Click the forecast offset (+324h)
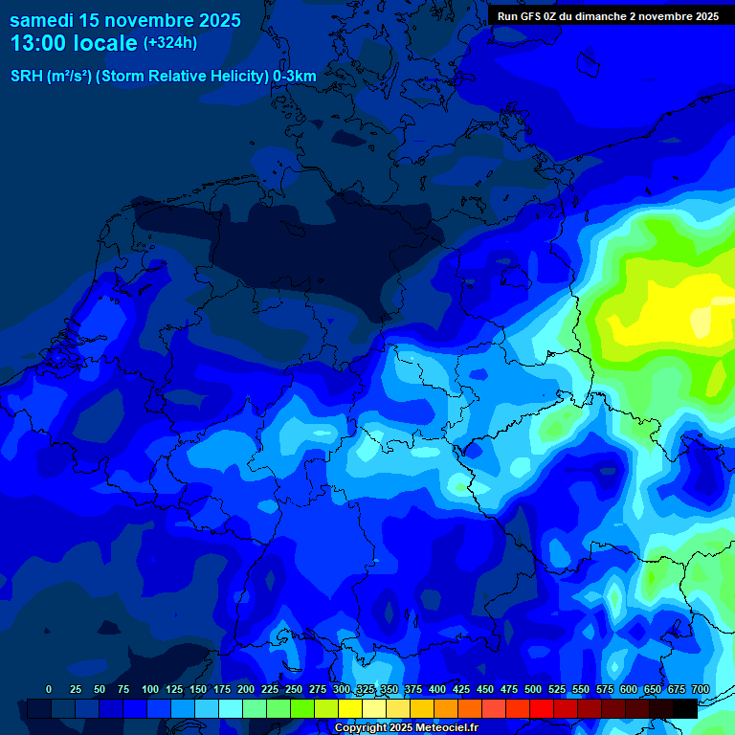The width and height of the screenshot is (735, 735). tap(170, 43)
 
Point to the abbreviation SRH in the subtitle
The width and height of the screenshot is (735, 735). tap(27, 77)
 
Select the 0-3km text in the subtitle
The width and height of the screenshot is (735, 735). tap(294, 77)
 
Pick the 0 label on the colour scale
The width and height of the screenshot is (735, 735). tap(49, 689)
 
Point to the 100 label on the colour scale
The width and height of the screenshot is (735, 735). tap(150, 689)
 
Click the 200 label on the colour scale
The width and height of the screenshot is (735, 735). tap(246, 689)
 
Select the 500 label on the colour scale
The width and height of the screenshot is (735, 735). tap(533, 689)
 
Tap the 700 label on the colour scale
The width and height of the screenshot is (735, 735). tap(700, 689)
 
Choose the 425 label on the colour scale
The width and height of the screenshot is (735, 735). tap(461, 689)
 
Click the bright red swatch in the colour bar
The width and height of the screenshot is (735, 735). tap(542, 708)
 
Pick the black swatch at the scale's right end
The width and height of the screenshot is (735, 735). tap(685, 708)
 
